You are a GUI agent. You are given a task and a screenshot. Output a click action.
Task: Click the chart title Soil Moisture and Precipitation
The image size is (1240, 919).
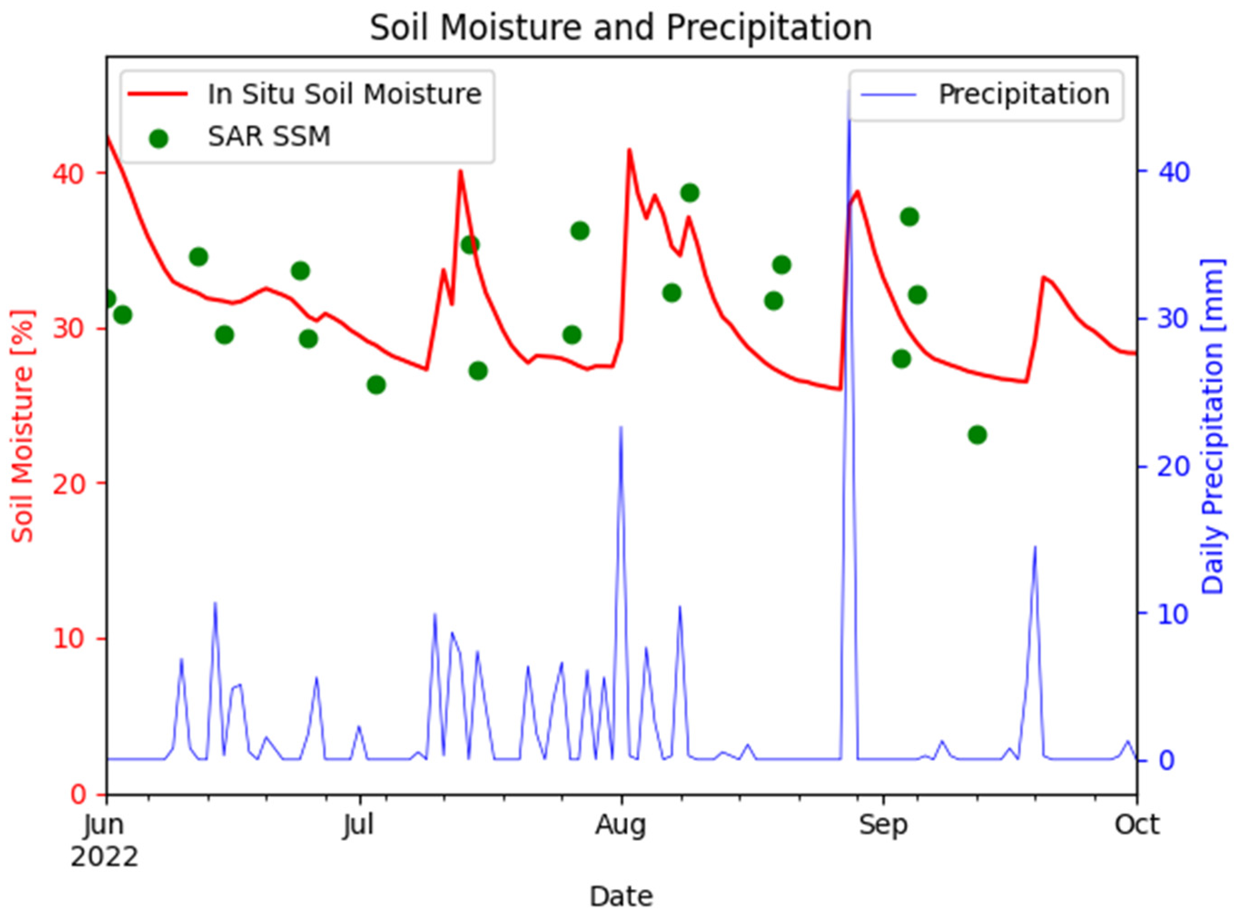point(621,28)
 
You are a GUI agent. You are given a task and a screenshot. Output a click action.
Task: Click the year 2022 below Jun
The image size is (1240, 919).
point(104,857)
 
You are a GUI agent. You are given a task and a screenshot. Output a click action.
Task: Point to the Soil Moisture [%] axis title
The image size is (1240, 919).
point(23,426)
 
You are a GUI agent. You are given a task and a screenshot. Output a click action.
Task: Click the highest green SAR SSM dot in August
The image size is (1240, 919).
point(690,193)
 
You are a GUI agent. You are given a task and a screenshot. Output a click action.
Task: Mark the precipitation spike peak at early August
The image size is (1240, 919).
point(621,427)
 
